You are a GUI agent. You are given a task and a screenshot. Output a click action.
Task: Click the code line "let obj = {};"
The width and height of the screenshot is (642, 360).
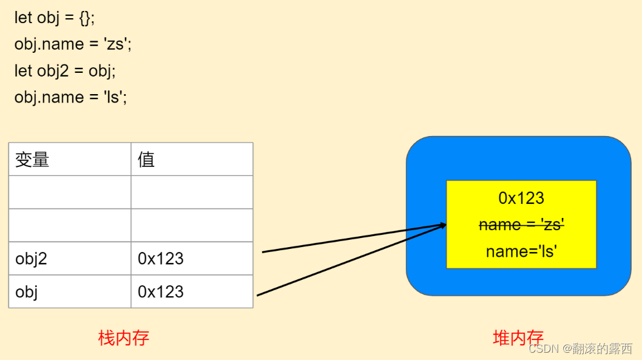coord(55,18)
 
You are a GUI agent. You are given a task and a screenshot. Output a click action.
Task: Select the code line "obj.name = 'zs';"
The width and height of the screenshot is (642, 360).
coord(73,44)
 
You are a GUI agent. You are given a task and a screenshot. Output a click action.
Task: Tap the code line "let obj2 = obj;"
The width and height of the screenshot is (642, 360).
coord(65,70)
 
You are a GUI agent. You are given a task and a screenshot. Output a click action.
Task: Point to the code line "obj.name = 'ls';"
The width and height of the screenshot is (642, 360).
coord(70,97)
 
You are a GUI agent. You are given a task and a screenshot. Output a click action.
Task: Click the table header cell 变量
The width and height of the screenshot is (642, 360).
coord(32,160)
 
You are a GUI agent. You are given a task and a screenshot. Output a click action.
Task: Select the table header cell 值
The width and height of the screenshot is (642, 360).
coord(146,160)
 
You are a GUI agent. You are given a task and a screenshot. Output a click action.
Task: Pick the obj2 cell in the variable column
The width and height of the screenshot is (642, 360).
coord(32,259)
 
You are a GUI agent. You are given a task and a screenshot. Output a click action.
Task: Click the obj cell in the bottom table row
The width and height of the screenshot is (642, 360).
coord(27,291)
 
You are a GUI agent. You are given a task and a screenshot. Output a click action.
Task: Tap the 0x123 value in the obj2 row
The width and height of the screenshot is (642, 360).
coord(161,259)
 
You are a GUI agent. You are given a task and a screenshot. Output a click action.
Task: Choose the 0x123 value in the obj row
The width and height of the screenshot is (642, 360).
coord(161,291)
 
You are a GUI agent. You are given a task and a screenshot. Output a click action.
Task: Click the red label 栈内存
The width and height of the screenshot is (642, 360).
coord(124,338)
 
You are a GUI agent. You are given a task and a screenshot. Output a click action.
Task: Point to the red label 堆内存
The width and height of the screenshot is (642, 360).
coord(518,338)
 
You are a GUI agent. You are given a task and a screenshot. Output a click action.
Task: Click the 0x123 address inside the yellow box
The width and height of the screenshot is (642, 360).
coord(521,198)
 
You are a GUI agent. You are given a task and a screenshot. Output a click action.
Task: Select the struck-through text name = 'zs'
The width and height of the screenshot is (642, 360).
coord(521,225)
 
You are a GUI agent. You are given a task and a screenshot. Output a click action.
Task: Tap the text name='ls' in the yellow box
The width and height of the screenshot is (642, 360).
coord(521,251)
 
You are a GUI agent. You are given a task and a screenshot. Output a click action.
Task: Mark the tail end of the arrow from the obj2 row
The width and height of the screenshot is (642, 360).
coord(263,251)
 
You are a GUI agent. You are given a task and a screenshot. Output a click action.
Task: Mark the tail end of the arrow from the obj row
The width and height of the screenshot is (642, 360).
coord(258,296)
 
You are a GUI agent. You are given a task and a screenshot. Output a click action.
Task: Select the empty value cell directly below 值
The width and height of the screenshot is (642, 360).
coord(192,192)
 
